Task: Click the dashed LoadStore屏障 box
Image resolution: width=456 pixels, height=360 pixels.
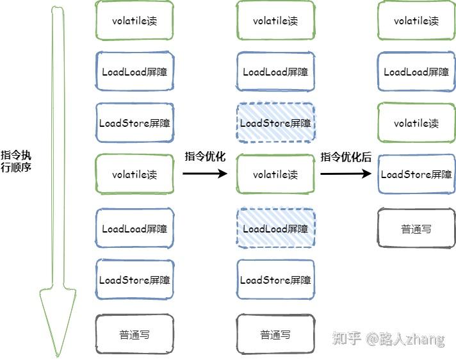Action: pyautogui.click(x=275, y=123)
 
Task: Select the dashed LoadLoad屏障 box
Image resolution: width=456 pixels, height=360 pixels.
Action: pyautogui.click(x=275, y=229)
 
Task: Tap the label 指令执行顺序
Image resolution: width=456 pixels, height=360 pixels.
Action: pyautogui.click(x=16, y=161)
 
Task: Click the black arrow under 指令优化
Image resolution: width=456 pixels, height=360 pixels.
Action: pyautogui.click(x=205, y=173)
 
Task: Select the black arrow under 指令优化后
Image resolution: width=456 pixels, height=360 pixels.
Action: pyautogui.click(x=346, y=173)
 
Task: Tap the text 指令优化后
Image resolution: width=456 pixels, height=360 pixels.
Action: pyautogui.click(x=346, y=157)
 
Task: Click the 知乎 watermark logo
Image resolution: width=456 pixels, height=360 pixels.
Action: pyautogui.click(x=346, y=338)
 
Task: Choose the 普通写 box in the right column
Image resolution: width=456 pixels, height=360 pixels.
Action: pyautogui.click(x=416, y=228)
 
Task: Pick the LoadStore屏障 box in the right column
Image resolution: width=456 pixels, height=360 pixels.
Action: pyautogui.click(x=416, y=174)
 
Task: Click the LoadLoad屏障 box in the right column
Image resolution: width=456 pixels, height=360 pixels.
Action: pyautogui.click(x=416, y=72)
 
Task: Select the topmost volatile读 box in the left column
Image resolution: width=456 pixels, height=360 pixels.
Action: pyautogui.click(x=134, y=20)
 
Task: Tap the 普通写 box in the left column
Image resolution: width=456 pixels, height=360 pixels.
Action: pyautogui.click(x=134, y=334)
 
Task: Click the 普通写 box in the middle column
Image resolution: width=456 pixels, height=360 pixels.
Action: pyautogui.click(x=275, y=334)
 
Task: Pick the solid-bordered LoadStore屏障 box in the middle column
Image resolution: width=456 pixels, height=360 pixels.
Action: pyautogui.click(x=275, y=280)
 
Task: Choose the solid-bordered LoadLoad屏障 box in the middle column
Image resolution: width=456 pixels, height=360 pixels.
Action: pyautogui.click(x=275, y=72)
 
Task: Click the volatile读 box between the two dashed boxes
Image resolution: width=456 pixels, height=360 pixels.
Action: pyautogui.click(x=275, y=174)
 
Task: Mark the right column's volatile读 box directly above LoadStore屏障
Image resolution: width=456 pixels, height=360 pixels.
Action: pyautogui.click(x=416, y=123)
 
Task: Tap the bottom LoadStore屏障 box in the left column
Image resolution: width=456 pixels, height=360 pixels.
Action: pyautogui.click(x=134, y=280)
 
